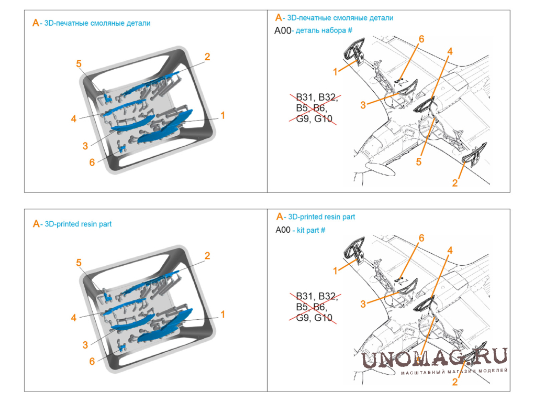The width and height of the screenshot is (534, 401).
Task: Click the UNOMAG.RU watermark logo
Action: click(434, 357)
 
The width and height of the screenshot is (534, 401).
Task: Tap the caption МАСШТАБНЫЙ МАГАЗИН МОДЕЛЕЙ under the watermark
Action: click(454, 372)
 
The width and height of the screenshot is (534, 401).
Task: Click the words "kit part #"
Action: click(311, 231)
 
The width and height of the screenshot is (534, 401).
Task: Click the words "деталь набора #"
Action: click(324, 31)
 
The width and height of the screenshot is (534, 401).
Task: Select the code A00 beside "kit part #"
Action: click(283, 230)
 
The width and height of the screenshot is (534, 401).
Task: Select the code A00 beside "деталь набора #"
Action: click(283, 31)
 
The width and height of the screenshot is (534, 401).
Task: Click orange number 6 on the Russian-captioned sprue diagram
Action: click(92, 162)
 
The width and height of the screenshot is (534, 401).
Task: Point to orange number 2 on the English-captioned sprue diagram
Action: click(207, 256)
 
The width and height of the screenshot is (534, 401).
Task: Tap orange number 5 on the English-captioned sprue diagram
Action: click(79, 263)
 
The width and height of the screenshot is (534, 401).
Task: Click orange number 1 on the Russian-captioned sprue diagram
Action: click(222, 116)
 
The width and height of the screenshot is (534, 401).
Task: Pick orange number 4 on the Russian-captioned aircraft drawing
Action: click(450, 51)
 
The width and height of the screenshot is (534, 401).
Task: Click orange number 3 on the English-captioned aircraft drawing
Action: click(363, 304)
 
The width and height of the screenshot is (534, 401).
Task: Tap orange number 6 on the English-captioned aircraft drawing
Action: click(421, 238)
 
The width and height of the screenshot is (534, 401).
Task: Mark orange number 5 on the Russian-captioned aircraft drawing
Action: click(418, 162)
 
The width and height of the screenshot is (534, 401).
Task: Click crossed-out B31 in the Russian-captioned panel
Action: click(304, 97)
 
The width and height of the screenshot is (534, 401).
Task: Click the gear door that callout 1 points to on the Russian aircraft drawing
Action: click(354, 51)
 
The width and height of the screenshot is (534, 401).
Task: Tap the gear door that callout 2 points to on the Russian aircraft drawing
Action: click(474, 155)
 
